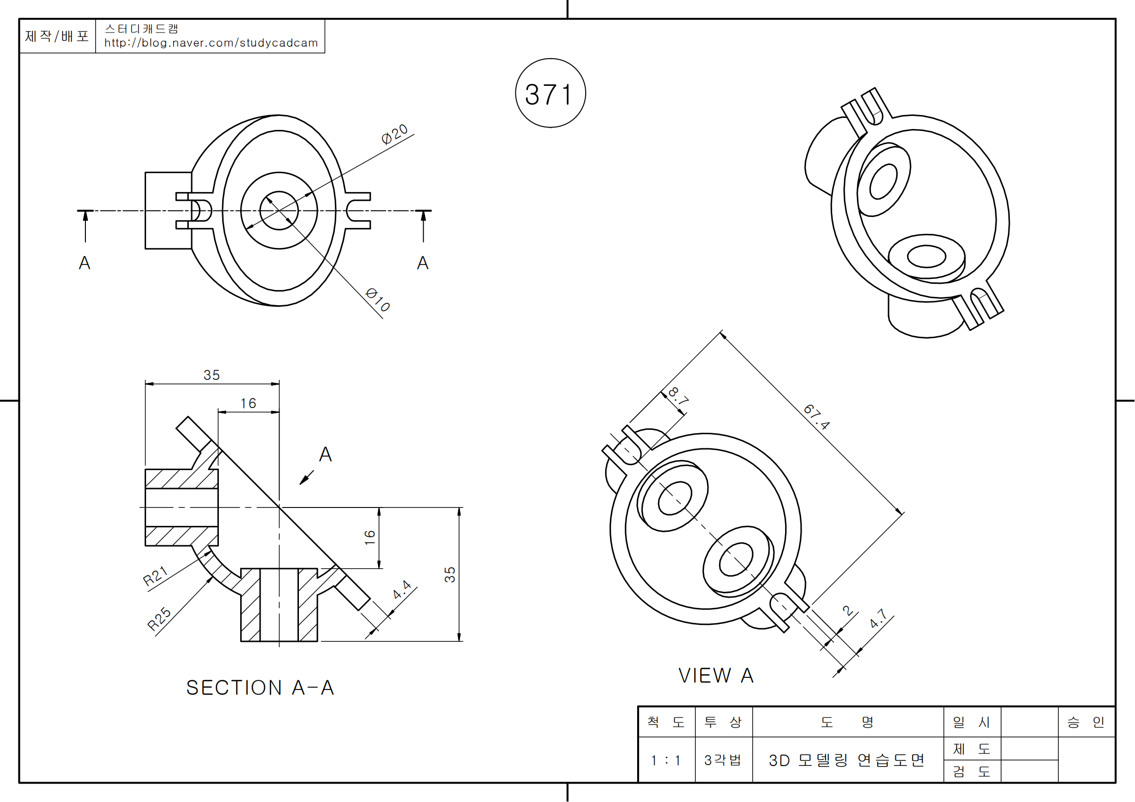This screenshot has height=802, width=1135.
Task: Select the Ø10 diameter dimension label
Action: coord(378,299)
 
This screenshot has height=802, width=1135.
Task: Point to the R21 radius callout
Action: coord(155,576)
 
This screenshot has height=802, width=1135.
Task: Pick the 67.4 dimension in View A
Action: coord(816,417)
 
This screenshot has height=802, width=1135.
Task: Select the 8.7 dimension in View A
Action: coord(678,396)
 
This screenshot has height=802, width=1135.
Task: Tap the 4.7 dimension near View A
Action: coord(878,618)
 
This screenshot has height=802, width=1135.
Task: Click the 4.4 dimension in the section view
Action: coord(402,589)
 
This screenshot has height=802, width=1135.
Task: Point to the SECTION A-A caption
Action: coord(260,687)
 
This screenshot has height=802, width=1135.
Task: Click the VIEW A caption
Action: coord(715,675)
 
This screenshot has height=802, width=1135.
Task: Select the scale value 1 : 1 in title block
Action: coord(666,760)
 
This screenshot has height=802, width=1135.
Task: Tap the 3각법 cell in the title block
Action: coord(723,760)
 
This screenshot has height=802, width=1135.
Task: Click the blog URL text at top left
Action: coord(211,43)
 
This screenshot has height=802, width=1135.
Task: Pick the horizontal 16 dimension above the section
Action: coord(248,403)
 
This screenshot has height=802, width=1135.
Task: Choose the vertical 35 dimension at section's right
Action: coord(449,574)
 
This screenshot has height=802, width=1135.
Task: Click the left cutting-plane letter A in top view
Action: coord(84,263)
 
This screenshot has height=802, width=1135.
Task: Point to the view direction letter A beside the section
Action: coord(325,454)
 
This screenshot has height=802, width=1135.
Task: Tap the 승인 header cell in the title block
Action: coord(1086,722)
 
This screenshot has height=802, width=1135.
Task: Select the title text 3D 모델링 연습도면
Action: coord(846,760)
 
